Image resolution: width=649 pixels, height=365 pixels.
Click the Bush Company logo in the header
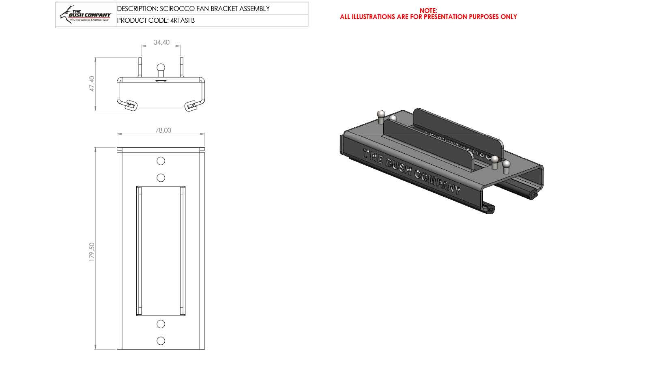[86, 15]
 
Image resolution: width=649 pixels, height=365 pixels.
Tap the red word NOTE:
[428, 11]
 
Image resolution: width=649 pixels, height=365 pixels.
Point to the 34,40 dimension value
[161, 42]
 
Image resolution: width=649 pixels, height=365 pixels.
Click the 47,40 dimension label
[92, 84]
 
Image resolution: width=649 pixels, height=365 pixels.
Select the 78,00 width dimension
[163, 130]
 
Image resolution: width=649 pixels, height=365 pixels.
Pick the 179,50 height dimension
[92, 252]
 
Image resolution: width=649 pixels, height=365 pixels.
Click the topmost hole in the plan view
[161, 161]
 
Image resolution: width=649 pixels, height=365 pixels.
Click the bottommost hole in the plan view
[161, 341]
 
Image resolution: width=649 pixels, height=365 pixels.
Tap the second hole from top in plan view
[161, 178]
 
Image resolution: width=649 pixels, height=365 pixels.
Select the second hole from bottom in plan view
[161, 324]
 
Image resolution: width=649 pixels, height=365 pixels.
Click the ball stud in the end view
[161, 68]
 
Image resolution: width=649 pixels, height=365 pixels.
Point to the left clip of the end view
[131, 105]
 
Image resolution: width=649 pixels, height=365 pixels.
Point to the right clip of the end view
[191, 106]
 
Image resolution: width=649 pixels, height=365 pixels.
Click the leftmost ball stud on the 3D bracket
[380, 115]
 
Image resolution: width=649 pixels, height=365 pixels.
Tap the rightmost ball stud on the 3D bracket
[506, 165]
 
